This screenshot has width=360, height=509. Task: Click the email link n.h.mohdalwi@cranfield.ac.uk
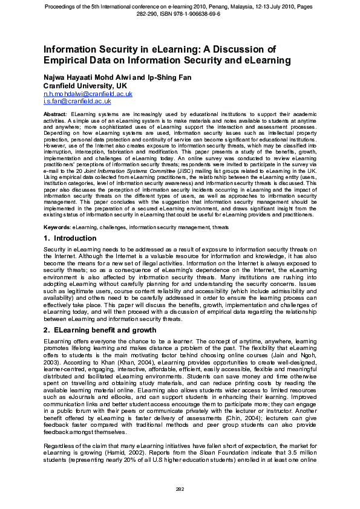(x=88, y=94)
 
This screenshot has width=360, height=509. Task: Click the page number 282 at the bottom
(x=180, y=488)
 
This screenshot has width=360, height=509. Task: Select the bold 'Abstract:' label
(x=56, y=114)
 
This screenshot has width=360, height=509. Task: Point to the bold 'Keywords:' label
(x=57, y=227)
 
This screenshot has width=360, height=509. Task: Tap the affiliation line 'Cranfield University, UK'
(x=85, y=86)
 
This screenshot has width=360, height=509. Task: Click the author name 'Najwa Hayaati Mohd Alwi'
(x=88, y=79)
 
